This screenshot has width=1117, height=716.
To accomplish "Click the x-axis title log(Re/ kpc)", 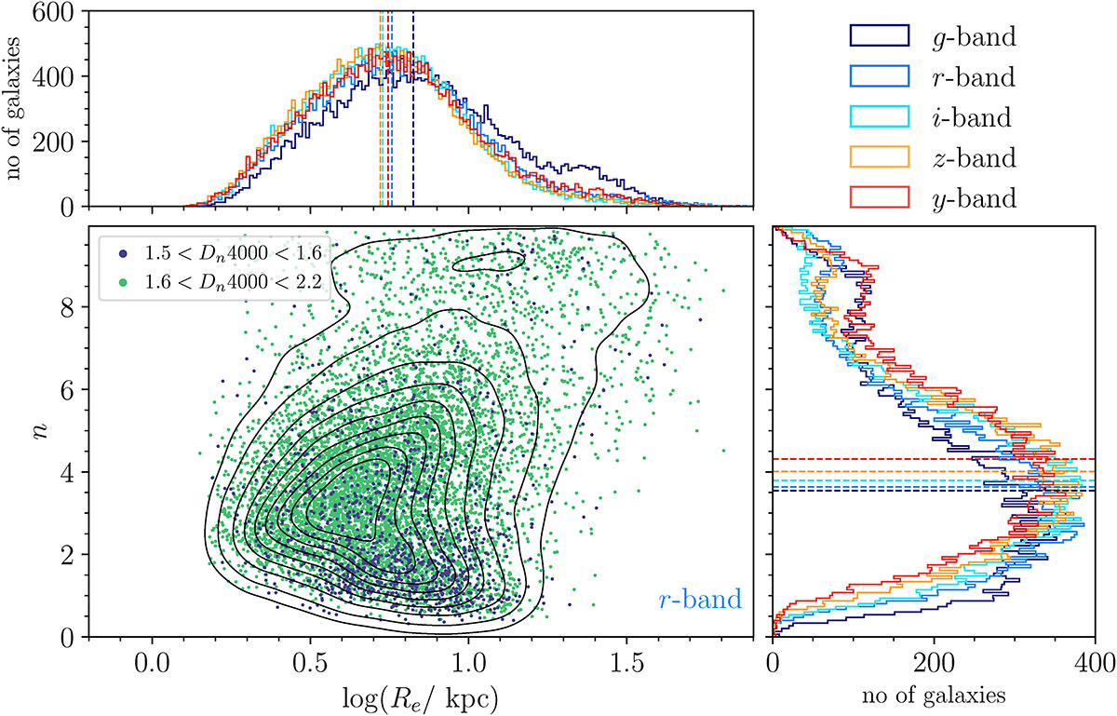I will pyautogui.click(x=420, y=697).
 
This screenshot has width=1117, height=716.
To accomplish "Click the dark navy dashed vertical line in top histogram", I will pyautogui.click(x=413, y=112).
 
